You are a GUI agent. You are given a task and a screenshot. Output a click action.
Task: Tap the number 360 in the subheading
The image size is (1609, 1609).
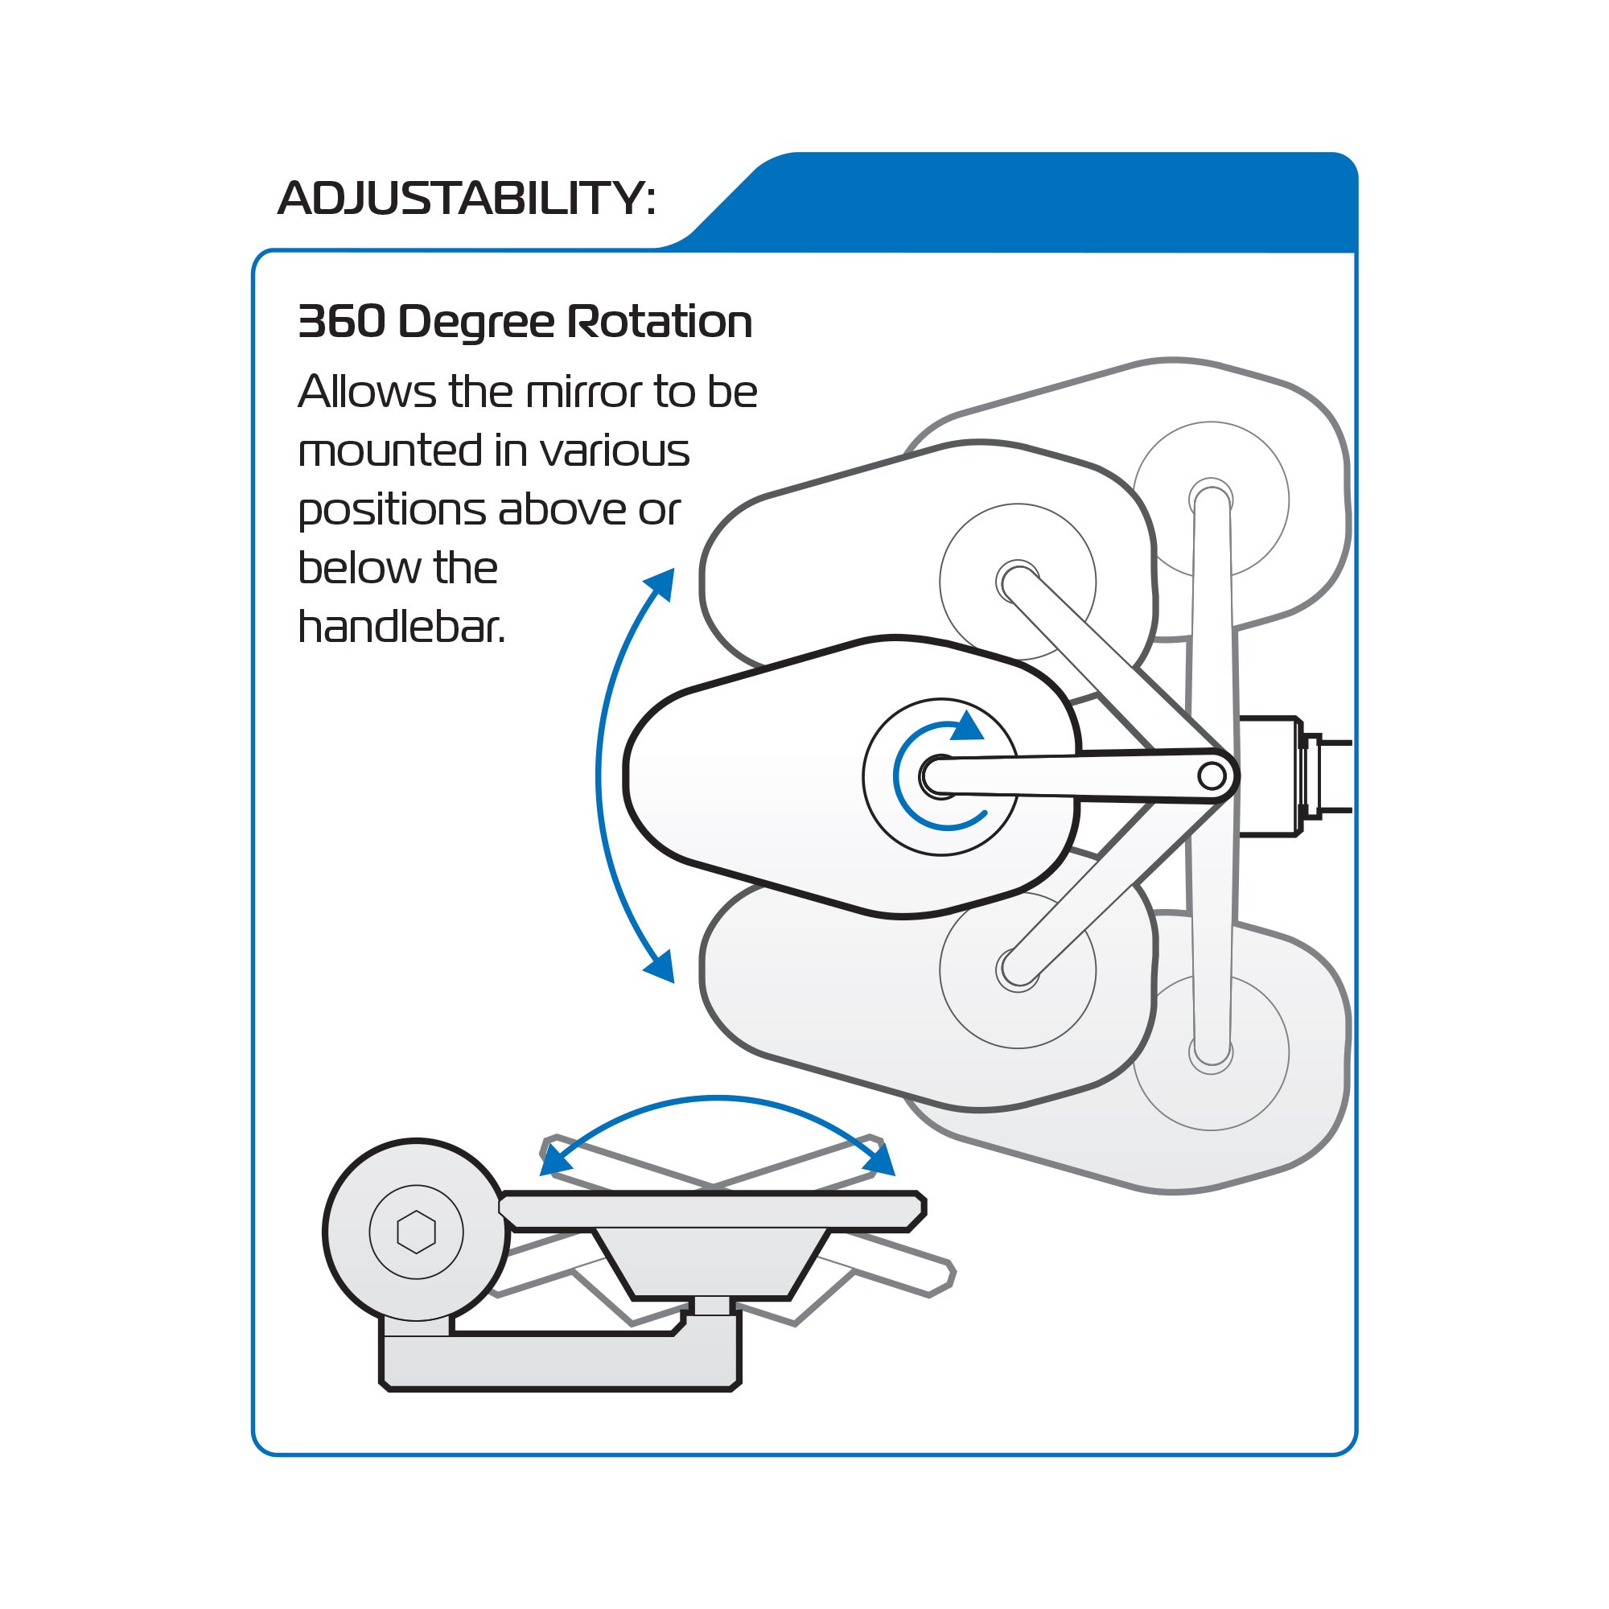tap(341, 322)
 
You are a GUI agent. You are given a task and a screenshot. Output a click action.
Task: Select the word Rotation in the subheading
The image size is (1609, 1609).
tap(660, 322)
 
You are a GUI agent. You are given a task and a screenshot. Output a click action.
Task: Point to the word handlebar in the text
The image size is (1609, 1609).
tap(401, 628)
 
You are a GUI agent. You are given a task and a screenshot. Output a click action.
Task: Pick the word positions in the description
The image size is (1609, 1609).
tap(392, 510)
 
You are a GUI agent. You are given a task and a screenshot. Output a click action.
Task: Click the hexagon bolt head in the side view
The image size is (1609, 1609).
tap(417, 1232)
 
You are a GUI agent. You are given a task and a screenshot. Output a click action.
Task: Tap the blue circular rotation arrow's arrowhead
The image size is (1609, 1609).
tap(967, 726)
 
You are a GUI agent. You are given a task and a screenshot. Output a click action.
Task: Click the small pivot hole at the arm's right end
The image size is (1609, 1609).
tap(1212, 776)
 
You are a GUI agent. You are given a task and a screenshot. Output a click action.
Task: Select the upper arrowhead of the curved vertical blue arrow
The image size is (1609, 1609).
tap(662, 582)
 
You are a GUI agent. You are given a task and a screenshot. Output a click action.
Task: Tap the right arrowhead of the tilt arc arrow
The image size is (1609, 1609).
tap(881, 1159)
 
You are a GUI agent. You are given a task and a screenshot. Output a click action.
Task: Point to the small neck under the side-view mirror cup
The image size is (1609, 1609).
tap(712, 1305)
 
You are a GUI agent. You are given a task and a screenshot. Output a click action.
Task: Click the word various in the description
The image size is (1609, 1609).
tap(615, 451)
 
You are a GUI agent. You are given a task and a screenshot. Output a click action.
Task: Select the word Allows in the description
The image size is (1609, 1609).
tap(366, 392)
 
